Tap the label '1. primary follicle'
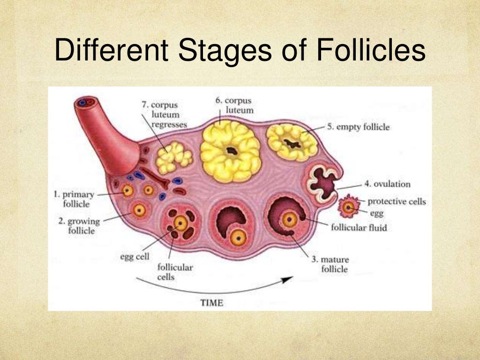pos(74,199)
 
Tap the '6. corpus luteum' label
pos(234,105)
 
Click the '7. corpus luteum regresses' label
pos(164,114)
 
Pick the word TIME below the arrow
pos(211,302)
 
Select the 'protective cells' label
pos(397,202)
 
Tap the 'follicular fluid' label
pos(359,228)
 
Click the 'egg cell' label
pos(134,257)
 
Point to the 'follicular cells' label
pos(175,272)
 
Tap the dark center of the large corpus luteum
pos(231,151)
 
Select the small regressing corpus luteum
pos(173,157)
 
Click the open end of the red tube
pos(86,102)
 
